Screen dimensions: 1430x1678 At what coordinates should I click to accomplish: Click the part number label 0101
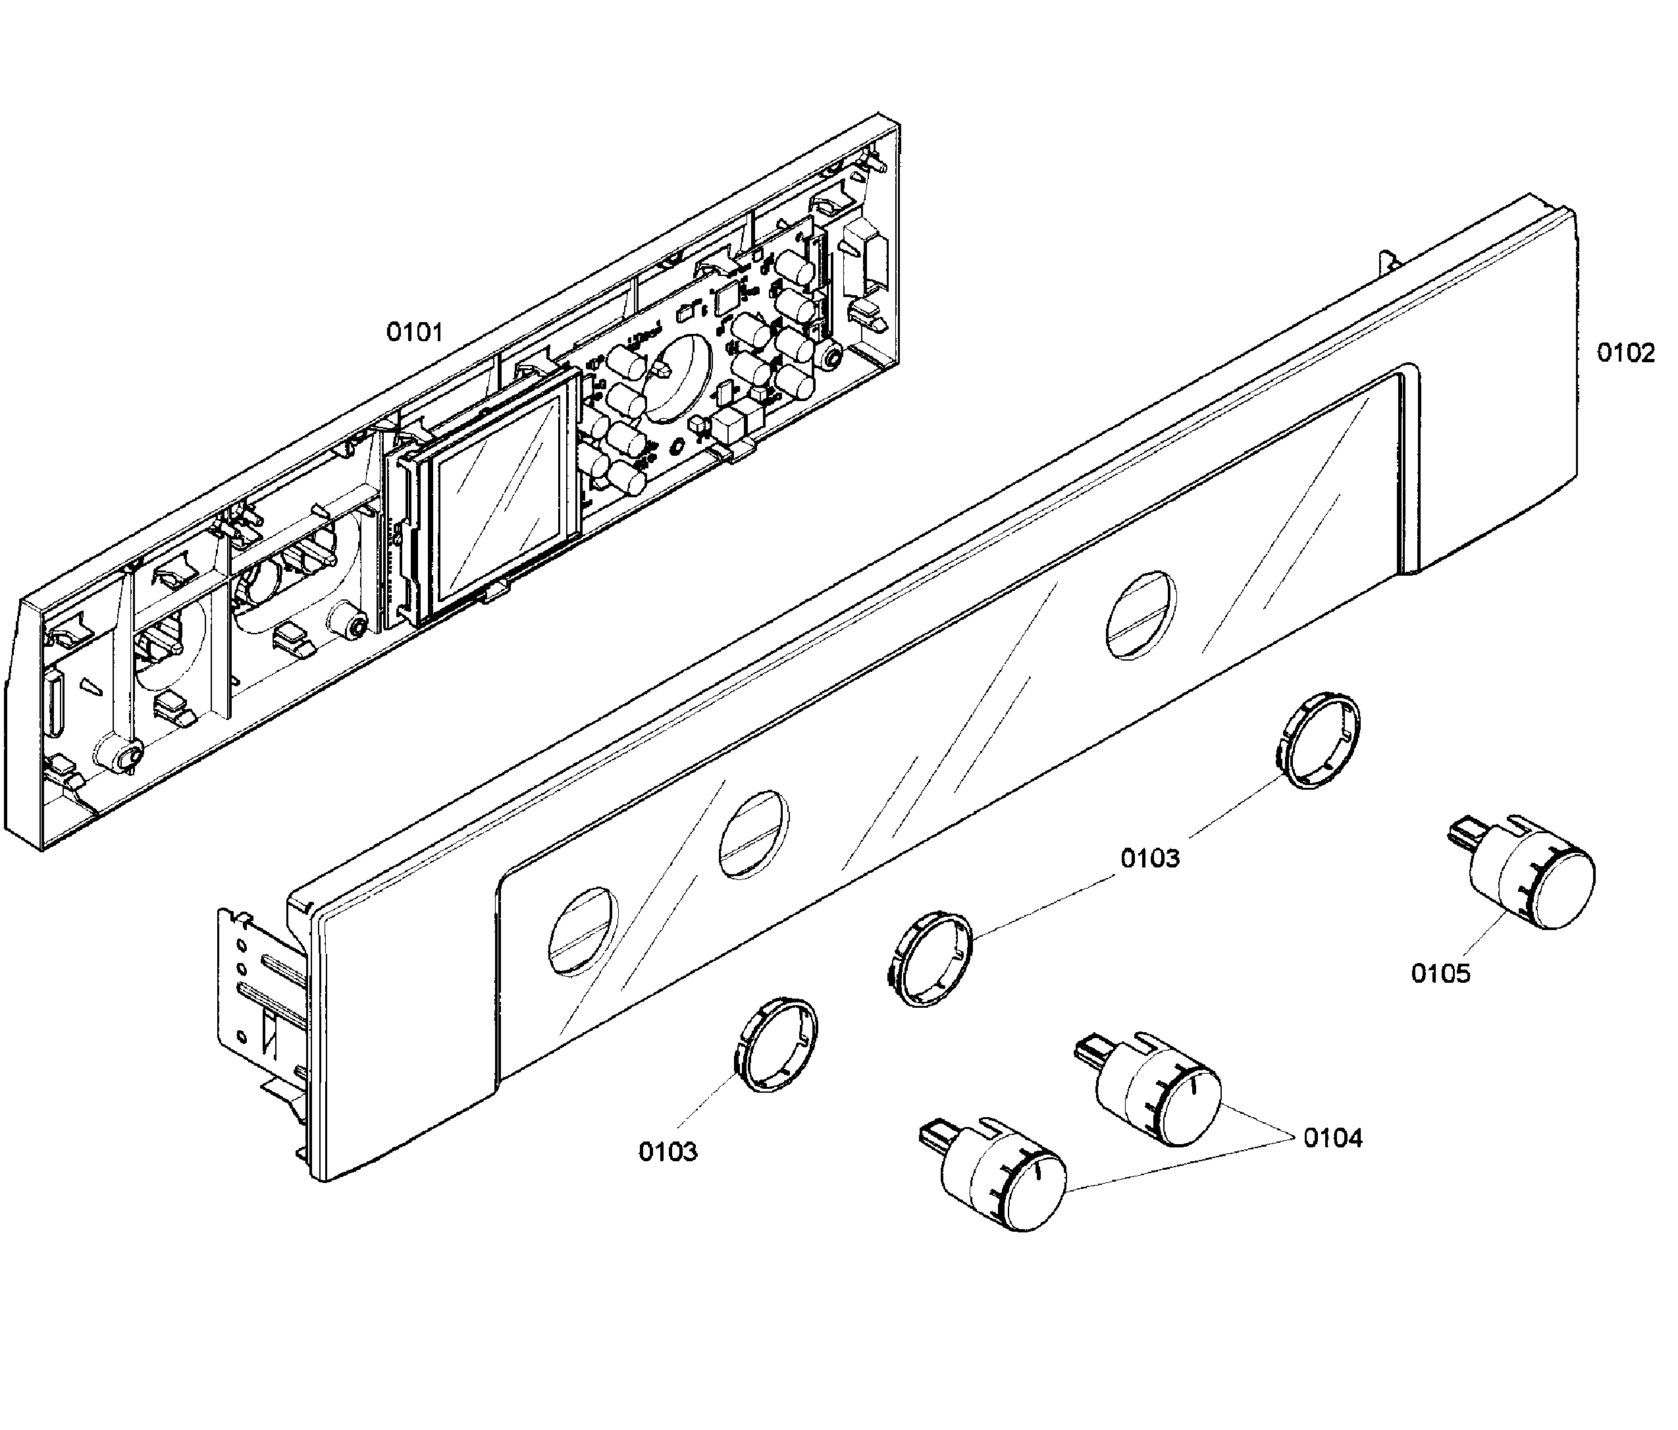(414, 332)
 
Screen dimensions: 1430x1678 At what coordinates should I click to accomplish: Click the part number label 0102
(1625, 352)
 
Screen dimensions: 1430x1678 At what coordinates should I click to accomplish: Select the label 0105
(1440, 973)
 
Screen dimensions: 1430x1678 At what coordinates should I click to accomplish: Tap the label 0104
(1332, 1138)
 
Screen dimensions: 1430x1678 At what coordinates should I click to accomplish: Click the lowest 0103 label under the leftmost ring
(668, 1151)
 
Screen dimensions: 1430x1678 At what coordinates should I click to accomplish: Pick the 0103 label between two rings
(1150, 858)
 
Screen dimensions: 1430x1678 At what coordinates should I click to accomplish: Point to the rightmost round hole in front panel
(1140, 614)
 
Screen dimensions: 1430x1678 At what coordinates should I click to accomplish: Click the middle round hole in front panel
(752, 835)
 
